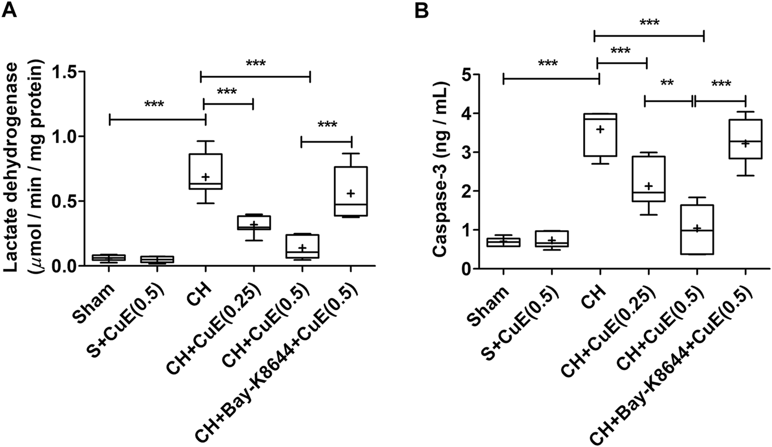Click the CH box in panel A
pyautogui.click(x=205, y=171)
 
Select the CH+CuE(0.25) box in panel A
pyautogui.click(x=253, y=223)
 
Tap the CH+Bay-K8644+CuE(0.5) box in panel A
pyautogui.click(x=351, y=191)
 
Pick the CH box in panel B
pyautogui.click(x=599, y=135)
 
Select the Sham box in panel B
pyautogui.click(x=503, y=243)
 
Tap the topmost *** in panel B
pyautogui.click(x=649, y=23)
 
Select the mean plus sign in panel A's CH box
pyautogui.click(x=206, y=177)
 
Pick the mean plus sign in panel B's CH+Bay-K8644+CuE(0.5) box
pyautogui.click(x=745, y=143)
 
